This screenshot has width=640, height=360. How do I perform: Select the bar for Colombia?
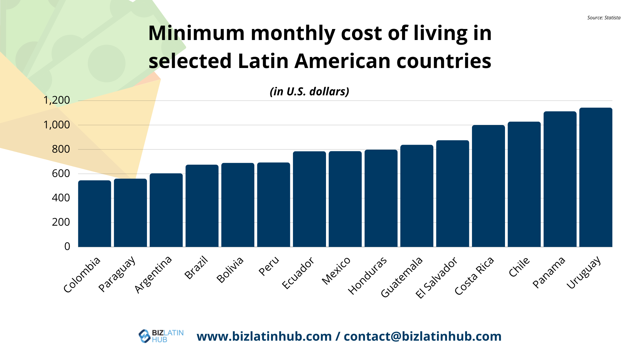95,213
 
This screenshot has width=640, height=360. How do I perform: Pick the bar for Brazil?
202,206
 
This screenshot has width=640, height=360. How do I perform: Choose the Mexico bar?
345,199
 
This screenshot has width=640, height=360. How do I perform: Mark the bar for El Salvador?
452,193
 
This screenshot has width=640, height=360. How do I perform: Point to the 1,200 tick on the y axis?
57,100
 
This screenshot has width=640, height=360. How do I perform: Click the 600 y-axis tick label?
61,173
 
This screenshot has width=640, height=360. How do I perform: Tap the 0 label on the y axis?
67,246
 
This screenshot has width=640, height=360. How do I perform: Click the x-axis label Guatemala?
402,277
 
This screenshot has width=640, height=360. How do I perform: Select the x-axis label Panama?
549,272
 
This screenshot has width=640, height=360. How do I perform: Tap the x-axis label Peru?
269,266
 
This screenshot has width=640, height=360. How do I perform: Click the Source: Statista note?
604,18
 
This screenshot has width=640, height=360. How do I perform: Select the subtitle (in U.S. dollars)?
309,91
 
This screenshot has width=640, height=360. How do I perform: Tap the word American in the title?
343,61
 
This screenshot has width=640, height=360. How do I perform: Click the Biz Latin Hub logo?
161,336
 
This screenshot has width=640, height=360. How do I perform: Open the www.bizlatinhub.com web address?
264,336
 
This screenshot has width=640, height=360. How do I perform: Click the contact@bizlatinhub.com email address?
422,336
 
